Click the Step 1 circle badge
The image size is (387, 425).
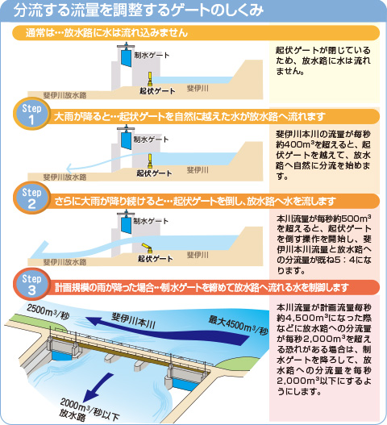(31, 114)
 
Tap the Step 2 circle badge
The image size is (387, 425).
(31, 198)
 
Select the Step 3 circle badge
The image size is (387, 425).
(31, 284)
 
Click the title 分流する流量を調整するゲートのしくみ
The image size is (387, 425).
(138, 10)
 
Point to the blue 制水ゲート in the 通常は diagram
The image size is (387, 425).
(126, 57)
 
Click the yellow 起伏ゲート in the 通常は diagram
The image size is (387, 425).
(150, 79)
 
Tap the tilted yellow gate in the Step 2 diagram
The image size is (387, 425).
(148, 248)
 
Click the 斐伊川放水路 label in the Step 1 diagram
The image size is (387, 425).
(64, 177)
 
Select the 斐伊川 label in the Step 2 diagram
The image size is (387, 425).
(198, 255)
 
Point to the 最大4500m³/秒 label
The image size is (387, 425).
(238, 325)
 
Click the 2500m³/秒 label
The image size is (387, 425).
(48, 312)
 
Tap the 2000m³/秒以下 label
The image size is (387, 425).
(90, 409)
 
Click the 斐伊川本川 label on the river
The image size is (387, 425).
(133, 321)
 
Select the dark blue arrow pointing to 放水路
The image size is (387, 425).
(98, 388)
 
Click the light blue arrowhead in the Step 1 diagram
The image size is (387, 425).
(69, 169)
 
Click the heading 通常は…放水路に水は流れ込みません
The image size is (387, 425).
(106, 33)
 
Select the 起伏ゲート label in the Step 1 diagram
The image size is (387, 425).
(154, 173)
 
